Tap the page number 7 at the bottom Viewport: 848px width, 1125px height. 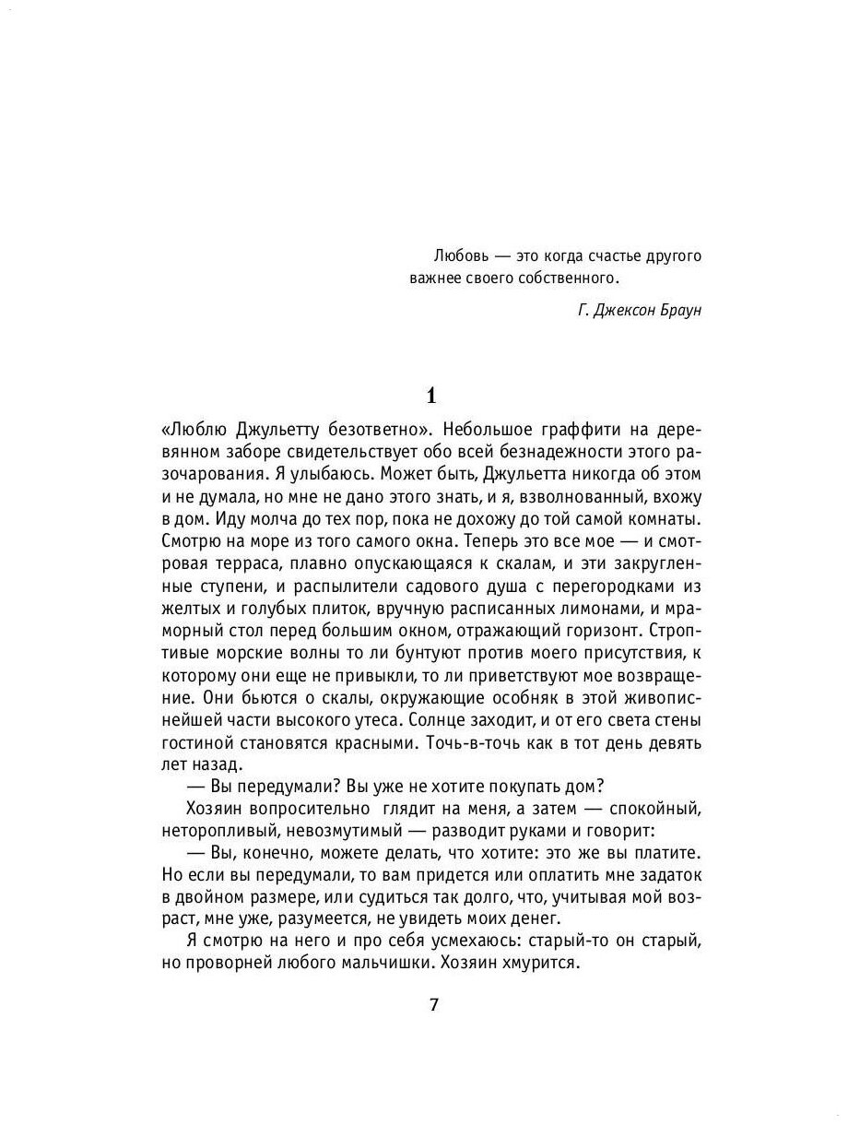click(434, 1004)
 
